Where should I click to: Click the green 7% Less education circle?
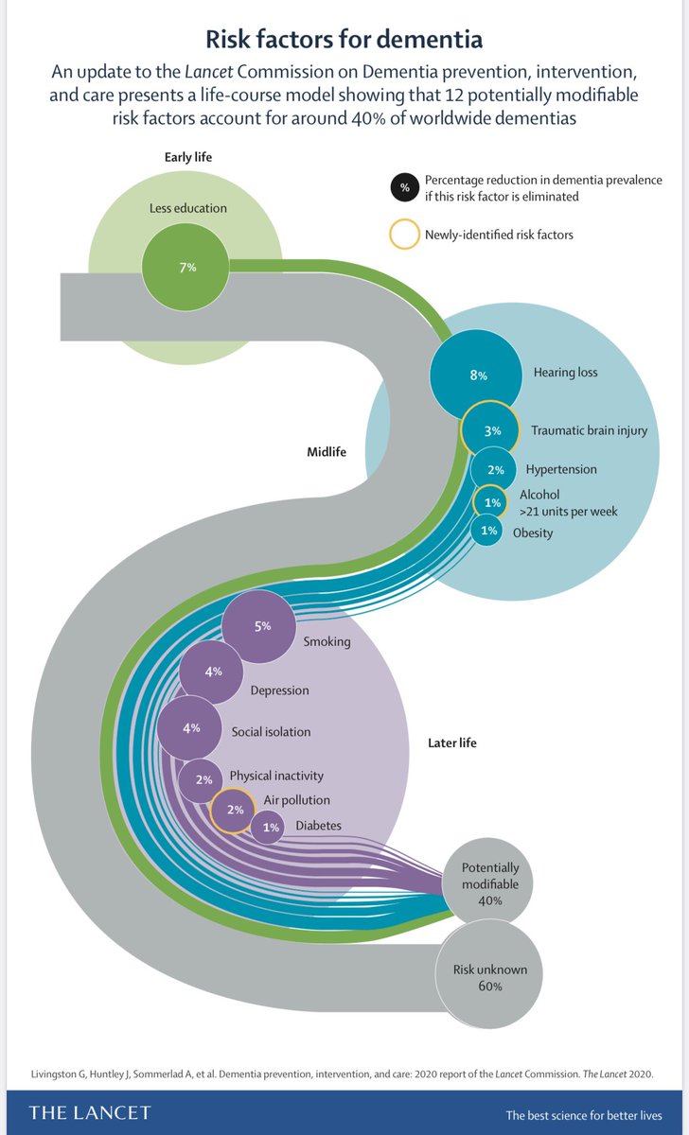pyautogui.click(x=185, y=268)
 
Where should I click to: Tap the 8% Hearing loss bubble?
pyautogui.click(x=477, y=375)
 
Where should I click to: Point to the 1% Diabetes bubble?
pyautogui.click(x=270, y=828)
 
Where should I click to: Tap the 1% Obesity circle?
pyautogui.click(x=488, y=532)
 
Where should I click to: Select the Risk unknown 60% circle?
pyautogui.click(x=490, y=977)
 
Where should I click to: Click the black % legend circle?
pyautogui.click(x=404, y=188)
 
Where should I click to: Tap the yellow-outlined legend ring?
pyautogui.click(x=404, y=235)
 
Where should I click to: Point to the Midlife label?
pyautogui.click(x=327, y=452)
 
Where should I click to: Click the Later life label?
pyautogui.click(x=452, y=743)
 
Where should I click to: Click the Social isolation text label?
pyautogui.click(x=271, y=731)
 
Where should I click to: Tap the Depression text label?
pyautogui.click(x=279, y=690)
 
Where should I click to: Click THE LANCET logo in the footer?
pyautogui.click(x=90, y=1112)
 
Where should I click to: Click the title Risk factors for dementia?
pyautogui.click(x=344, y=39)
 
